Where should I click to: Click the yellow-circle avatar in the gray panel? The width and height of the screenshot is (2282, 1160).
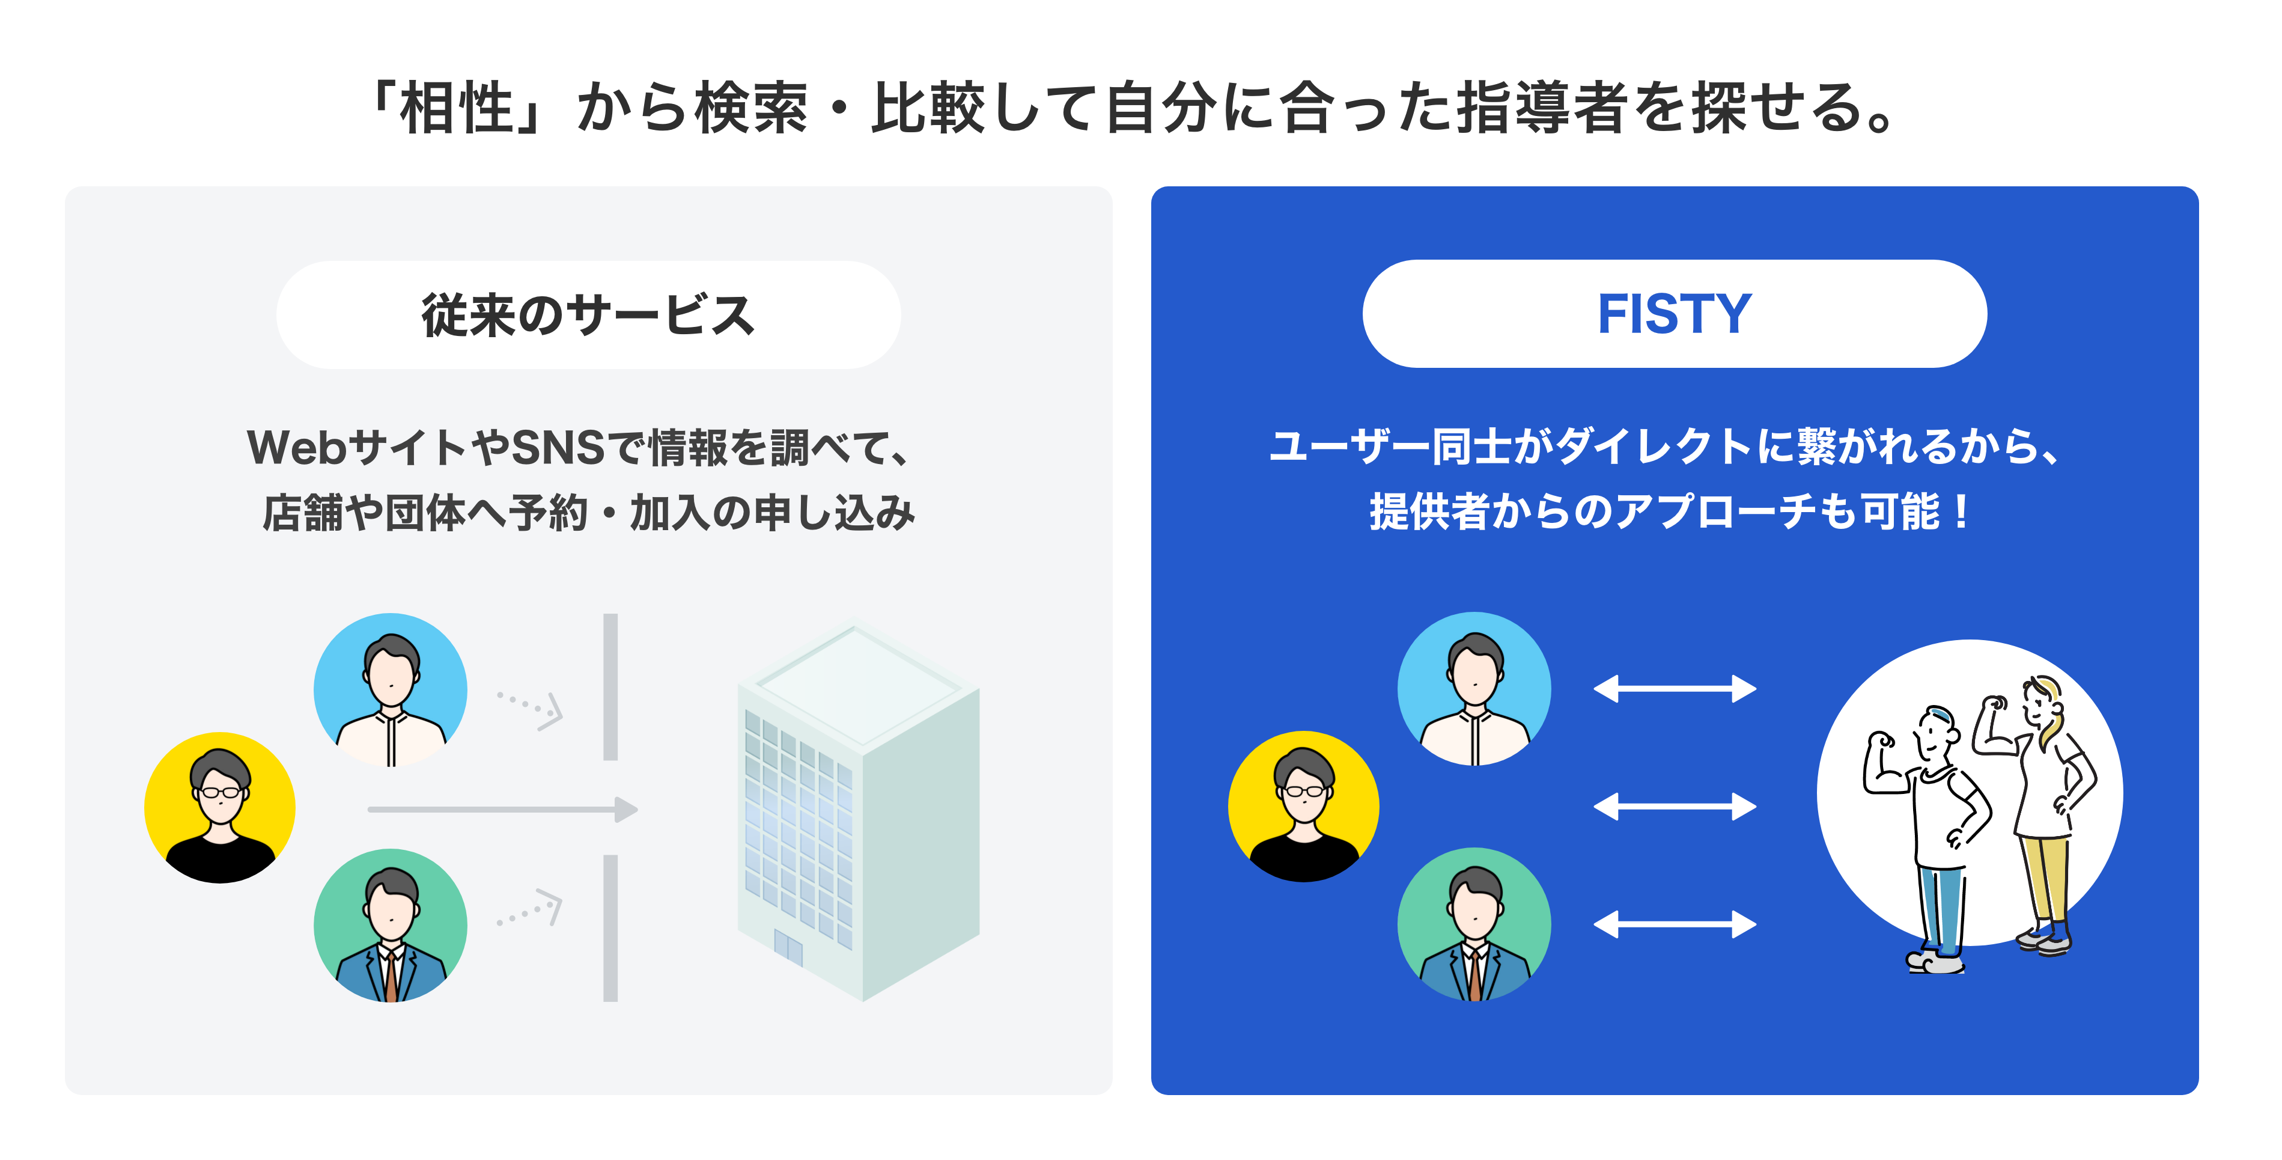tap(220, 807)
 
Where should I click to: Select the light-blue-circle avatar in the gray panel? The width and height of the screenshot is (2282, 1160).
tap(391, 689)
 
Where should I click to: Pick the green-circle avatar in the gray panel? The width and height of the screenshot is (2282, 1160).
tap(391, 925)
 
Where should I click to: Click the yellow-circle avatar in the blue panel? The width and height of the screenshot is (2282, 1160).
tap(1303, 807)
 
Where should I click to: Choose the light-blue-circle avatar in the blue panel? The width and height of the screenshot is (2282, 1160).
tap(1474, 689)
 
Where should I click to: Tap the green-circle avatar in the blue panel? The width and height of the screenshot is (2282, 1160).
tap(1474, 924)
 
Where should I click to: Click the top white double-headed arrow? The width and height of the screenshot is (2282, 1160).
tap(1675, 689)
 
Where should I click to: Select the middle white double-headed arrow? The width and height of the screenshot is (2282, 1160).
tap(1675, 807)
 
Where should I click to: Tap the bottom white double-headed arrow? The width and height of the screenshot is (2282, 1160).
tap(1675, 924)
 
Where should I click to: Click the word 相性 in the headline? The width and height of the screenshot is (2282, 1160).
tap(457, 108)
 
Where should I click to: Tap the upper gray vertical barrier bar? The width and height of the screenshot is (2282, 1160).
tap(610, 687)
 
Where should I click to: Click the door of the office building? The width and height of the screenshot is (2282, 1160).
tap(788, 947)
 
